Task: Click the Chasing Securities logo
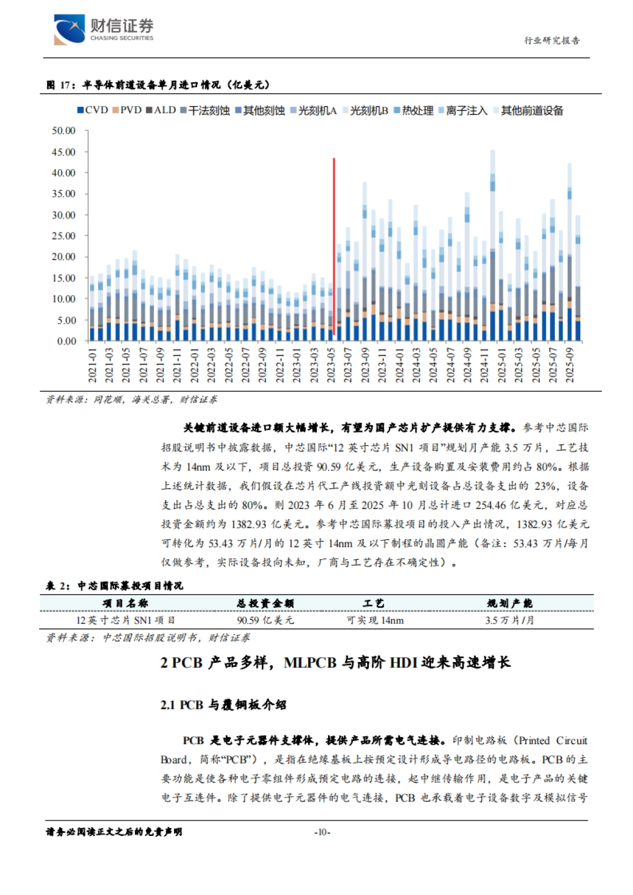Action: (x=103, y=29)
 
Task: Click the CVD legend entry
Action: (x=93, y=110)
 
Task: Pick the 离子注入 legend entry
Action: (x=463, y=110)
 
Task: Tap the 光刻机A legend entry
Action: (x=313, y=110)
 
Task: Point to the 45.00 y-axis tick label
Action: (x=63, y=152)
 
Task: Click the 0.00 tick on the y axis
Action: (x=66, y=341)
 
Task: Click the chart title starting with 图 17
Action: (x=158, y=85)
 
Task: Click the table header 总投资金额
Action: (x=265, y=603)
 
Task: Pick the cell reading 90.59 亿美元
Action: (x=265, y=620)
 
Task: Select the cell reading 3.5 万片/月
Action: (x=509, y=620)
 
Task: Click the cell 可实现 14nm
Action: (x=375, y=620)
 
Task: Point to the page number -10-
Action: (x=322, y=832)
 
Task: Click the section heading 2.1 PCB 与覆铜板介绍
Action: (x=223, y=705)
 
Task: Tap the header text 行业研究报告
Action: (x=551, y=41)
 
